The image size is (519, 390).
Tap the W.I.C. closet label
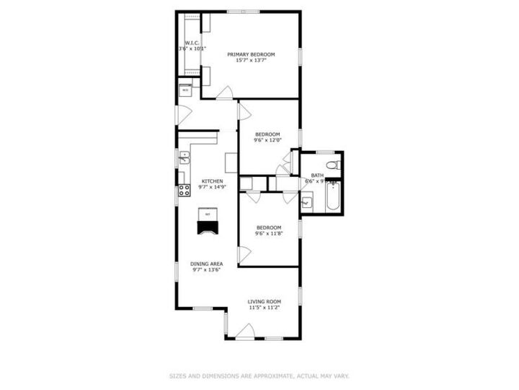click(192, 43)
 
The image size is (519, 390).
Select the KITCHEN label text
click(212, 181)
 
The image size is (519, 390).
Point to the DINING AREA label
click(206, 264)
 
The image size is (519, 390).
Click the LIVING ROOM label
click(265, 302)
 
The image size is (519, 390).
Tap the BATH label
click(317, 175)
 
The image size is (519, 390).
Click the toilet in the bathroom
click(332, 165)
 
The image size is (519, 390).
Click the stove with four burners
click(185, 191)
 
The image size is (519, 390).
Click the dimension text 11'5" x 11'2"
click(265, 308)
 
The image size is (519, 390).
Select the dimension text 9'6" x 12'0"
click(267, 140)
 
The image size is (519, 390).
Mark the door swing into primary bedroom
click(225, 92)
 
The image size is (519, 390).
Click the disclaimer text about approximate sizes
click(259, 376)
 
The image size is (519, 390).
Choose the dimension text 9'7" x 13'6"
click(206, 270)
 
